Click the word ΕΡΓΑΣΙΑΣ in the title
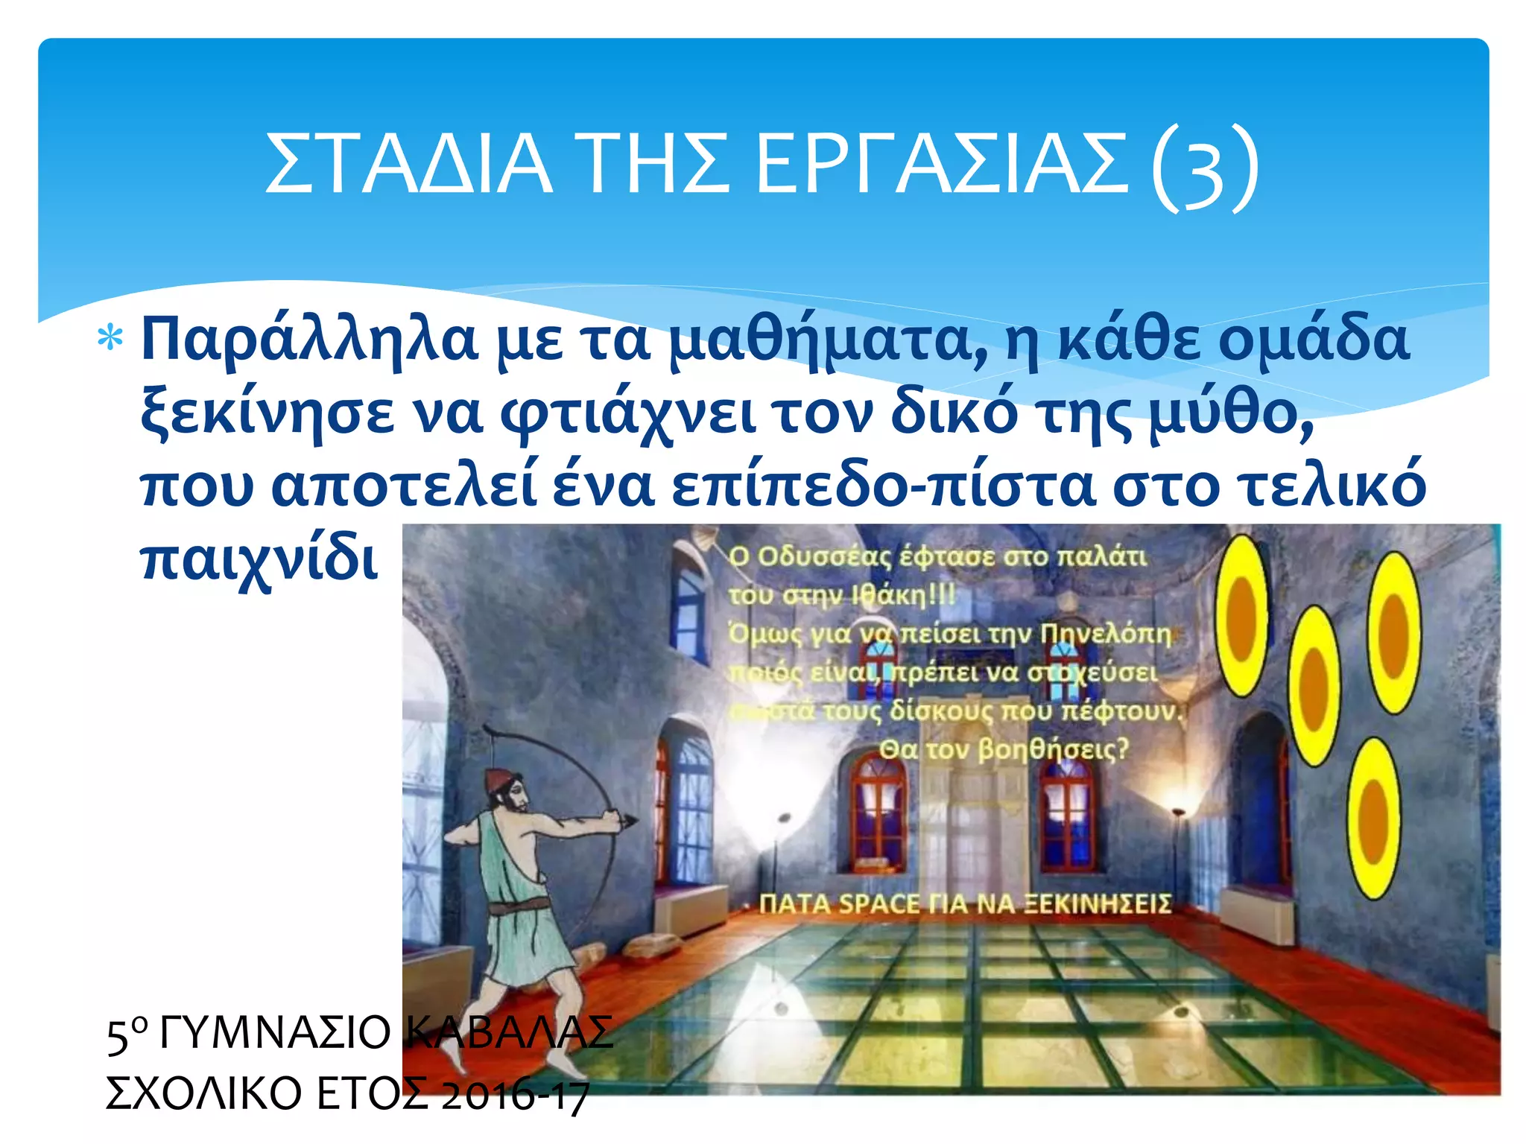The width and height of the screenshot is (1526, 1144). coord(943,164)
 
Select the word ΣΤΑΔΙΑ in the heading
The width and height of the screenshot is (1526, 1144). coord(408,164)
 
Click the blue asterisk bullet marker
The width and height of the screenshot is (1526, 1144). coord(110,339)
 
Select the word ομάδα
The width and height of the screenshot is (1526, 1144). coord(1314,339)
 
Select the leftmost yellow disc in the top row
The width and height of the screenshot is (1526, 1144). coord(1241,615)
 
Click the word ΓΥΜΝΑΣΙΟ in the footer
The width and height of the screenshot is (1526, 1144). coord(276,1033)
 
